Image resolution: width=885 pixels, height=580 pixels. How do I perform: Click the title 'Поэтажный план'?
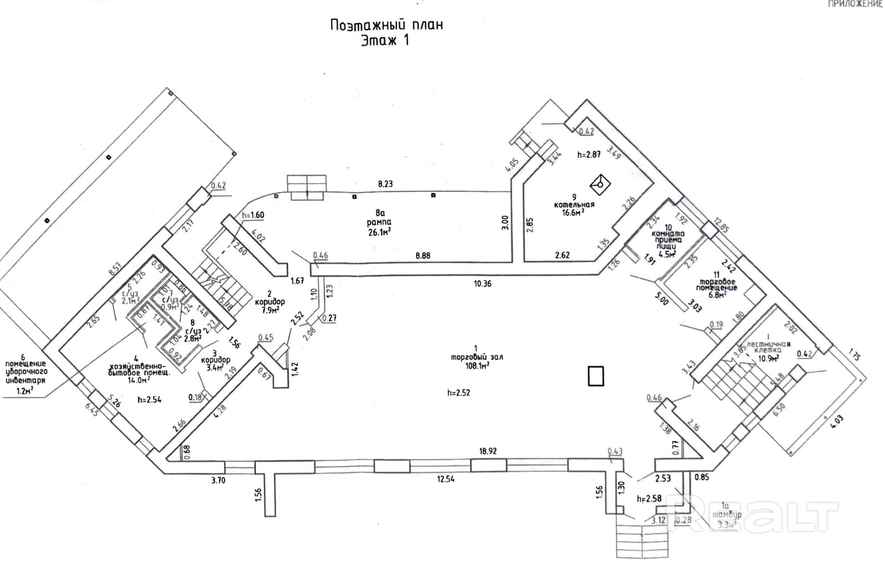click(386, 25)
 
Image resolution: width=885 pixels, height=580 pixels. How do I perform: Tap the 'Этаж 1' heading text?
click(385, 41)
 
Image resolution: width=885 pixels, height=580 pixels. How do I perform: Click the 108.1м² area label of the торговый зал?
click(476, 365)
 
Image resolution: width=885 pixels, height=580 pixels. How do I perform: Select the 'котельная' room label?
click(574, 205)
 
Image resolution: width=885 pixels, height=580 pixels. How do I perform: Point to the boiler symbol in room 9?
click(600, 183)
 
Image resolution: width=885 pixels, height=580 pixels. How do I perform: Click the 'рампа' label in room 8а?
click(379, 222)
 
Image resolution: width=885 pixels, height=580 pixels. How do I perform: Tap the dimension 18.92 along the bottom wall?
click(488, 451)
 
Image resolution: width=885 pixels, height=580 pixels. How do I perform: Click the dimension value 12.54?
click(445, 479)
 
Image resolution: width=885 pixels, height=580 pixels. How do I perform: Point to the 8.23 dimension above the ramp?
click(385, 184)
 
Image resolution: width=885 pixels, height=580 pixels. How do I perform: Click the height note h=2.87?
click(589, 155)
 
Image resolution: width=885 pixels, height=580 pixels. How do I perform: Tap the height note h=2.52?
click(459, 393)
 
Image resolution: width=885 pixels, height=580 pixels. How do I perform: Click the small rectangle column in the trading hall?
click(596, 376)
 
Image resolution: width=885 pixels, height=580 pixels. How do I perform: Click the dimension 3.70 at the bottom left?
click(218, 480)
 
